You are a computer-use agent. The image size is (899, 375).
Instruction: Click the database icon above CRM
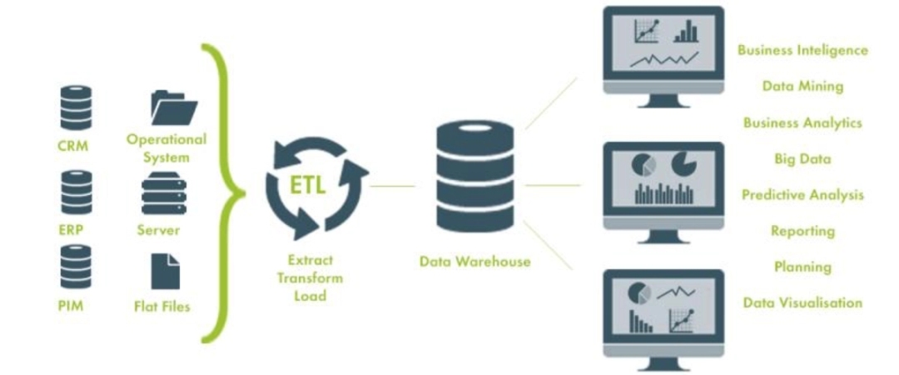click(x=76, y=107)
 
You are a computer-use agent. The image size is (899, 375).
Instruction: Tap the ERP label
click(x=71, y=230)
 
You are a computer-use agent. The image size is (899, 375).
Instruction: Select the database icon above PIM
click(x=76, y=267)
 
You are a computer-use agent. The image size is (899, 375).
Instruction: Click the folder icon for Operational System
click(x=174, y=107)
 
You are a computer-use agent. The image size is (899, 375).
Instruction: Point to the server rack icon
click(x=164, y=193)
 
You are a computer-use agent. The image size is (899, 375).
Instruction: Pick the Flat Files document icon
click(x=165, y=272)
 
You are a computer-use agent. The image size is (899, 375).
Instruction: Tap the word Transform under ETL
click(x=310, y=278)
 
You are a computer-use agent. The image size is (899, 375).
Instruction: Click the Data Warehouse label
click(x=474, y=262)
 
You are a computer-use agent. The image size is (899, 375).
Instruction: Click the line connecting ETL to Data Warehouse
click(x=392, y=186)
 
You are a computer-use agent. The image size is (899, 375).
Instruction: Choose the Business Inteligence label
click(x=802, y=51)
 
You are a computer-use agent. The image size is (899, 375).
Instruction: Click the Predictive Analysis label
click(x=802, y=195)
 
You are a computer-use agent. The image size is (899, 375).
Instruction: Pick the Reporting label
click(x=802, y=232)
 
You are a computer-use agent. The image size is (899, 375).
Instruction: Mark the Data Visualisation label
click(x=802, y=302)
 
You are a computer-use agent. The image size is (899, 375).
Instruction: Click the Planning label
click(x=802, y=267)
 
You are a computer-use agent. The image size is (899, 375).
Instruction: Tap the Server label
click(x=158, y=231)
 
